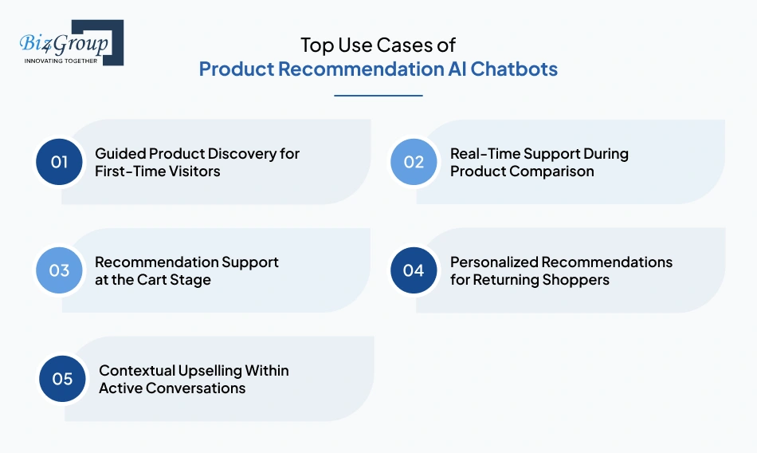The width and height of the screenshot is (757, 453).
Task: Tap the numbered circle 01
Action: point(60,162)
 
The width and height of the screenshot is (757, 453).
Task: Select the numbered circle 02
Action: point(414,162)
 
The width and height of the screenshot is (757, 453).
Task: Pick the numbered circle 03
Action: point(60,270)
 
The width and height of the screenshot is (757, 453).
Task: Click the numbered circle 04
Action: point(414,270)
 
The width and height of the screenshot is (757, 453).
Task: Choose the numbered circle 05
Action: point(63,379)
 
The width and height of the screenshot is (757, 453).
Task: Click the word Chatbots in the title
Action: point(514,69)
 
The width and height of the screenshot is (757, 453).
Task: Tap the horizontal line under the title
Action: point(378,96)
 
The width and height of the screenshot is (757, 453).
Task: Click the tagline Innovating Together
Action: point(61,60)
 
